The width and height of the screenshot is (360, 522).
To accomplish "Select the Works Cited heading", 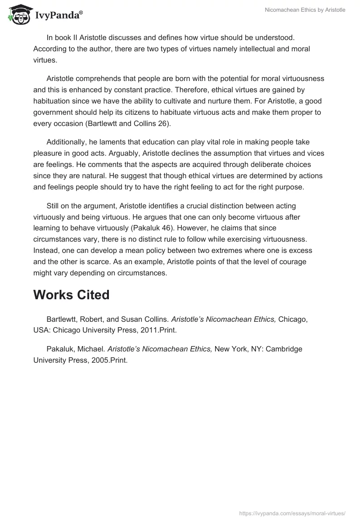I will tap(72, 295).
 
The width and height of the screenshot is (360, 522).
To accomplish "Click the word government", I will tap(55, 112).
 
